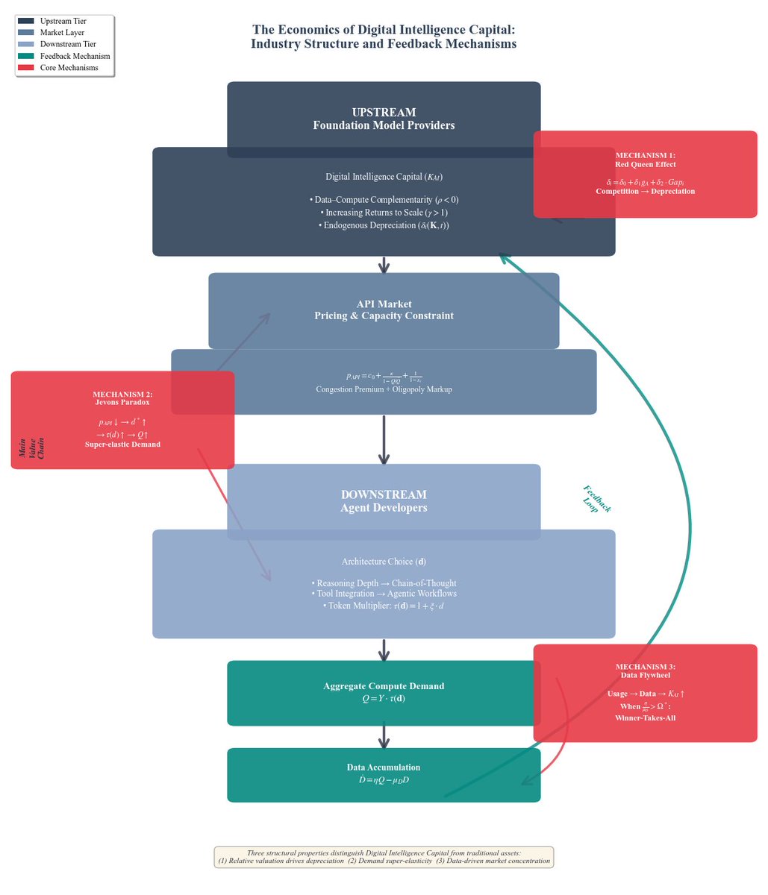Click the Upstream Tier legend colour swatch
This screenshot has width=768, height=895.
click(25, 22)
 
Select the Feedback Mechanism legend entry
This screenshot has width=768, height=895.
click(75, 56)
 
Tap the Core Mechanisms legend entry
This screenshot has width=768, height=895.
click(69, 68)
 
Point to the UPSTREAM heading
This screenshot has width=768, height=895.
click(384, 113)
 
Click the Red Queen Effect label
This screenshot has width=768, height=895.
click(645, 164)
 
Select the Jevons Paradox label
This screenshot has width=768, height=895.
click(122, 402)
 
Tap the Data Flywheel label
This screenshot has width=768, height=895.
click(645, 675)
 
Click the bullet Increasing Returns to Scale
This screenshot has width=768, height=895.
click(384, 213)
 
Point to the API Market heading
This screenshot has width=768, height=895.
click(384, 304)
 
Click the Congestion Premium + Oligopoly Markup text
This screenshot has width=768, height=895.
click(384, 389)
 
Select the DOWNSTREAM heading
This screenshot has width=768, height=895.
click(384, 494)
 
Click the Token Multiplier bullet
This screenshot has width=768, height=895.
click(384, 606)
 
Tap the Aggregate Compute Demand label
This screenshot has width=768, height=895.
click(384, 686)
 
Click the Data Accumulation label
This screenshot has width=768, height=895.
click(384, 767)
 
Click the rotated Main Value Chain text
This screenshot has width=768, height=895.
click(31, 448)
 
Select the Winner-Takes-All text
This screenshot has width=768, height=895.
click(645, 717)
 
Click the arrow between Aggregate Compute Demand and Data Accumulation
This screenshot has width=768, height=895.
click(384, 736)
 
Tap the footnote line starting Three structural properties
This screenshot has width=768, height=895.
click(384, 852)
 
